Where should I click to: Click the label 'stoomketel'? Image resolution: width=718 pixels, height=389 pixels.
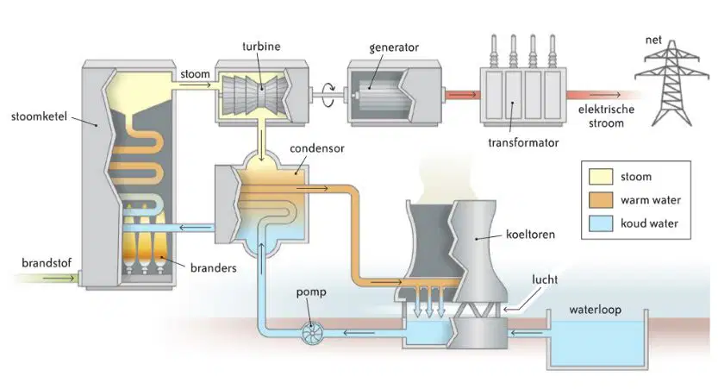[39, 116]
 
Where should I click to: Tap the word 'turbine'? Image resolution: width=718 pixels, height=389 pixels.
[261, 47]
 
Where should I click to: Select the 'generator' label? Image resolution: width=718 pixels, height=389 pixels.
[394, 47]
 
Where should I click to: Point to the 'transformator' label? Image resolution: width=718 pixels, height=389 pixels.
[523, 142]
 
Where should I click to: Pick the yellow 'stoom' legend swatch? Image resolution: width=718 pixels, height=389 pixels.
[601, 177]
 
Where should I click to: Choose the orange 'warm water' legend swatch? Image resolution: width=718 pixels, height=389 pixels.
[601, 200]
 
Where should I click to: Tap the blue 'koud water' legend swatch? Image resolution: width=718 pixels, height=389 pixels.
[601, 223]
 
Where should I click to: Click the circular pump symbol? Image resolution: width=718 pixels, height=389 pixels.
[313, 332]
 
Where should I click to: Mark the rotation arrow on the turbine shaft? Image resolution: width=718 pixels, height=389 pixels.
[328, 94]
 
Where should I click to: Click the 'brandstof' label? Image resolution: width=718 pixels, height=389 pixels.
[47, 263]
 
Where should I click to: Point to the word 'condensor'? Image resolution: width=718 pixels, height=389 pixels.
[317, 148]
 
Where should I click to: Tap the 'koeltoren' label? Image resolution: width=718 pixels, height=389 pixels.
[530, 235]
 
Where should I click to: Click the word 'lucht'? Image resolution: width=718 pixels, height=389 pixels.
[545, 279]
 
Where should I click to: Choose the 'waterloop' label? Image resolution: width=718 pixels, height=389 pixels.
[596, 310]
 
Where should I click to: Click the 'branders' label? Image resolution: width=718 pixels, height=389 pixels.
[214, 268]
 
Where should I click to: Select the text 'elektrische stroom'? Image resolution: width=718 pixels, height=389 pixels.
[606, 116]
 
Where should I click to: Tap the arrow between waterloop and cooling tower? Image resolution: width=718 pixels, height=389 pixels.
[521, 333]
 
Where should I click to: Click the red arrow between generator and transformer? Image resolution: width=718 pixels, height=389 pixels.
[463, 95]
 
